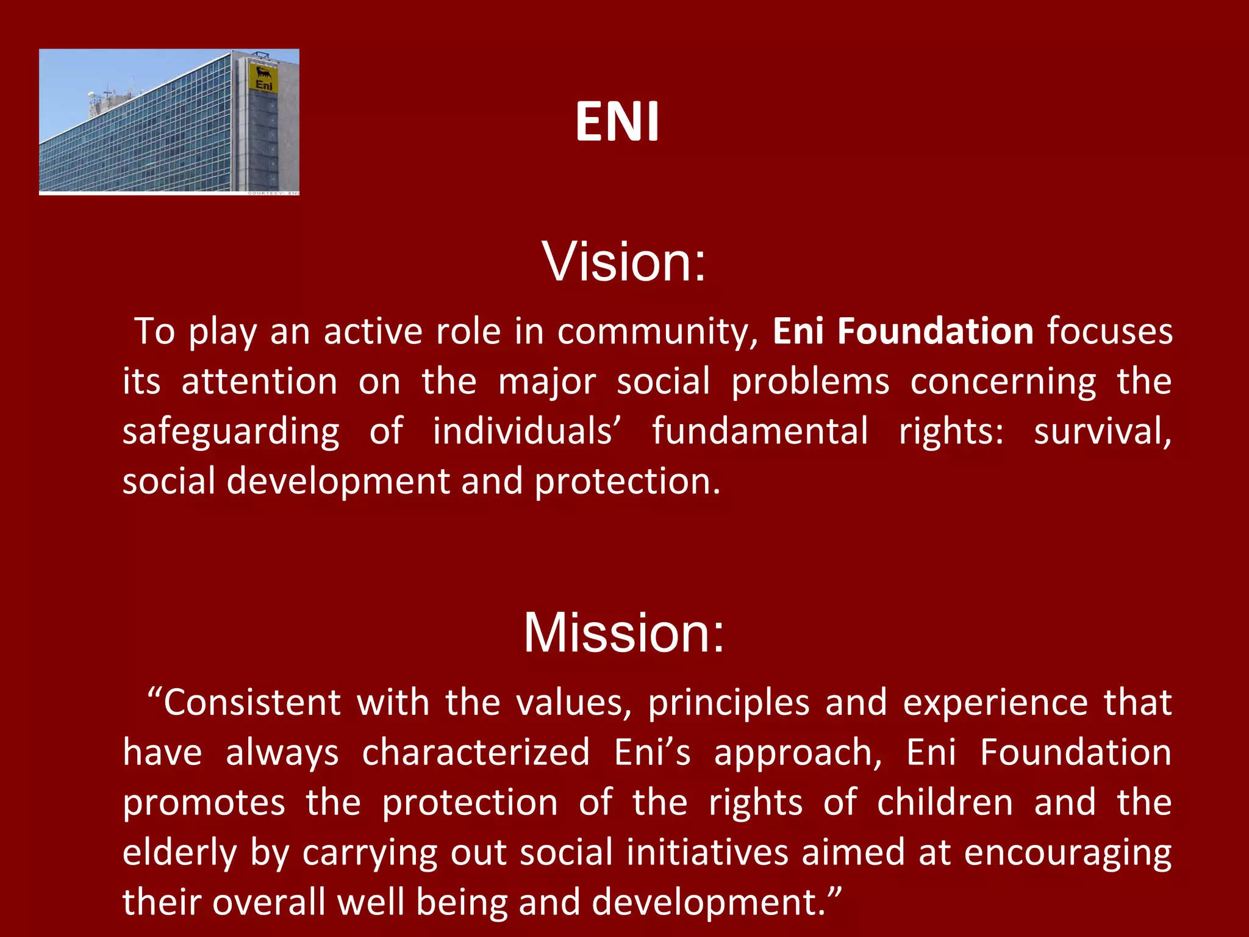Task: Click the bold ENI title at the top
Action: click(x=617, y=121)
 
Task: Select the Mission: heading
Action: click(x=624, y=633)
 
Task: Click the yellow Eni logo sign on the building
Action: click(x=264, y=79)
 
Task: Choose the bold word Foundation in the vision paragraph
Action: click(x=935, y=331)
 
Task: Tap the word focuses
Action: click(x=1109, y=331)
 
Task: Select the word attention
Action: click(x=259, y=382)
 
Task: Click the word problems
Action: click(x=810, y=382)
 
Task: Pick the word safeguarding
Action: click(x=231, y=432)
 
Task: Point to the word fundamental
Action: click(x=760, y=431)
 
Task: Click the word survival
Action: click(x=1102, y=431)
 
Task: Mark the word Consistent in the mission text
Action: click(x=252, y=703)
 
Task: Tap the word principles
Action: click(x=729, y=703)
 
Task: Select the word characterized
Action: click(x=476, y=753)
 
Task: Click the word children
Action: click(x=945, y=802)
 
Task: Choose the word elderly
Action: click(x=179, y=853)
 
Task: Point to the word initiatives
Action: click(x=707, y=852)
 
